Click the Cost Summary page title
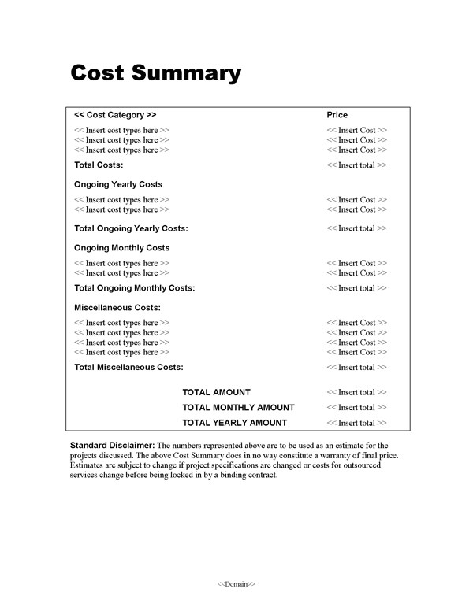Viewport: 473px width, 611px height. [155, 73]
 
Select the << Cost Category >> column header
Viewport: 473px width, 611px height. [115, 115]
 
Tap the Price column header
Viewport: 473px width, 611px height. [337, 115]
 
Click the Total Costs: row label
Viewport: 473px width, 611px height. [99, 165]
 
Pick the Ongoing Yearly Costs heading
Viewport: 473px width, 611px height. [118, 184]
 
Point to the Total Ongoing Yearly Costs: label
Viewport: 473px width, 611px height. [131, 228]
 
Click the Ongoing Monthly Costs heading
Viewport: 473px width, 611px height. [121, 248]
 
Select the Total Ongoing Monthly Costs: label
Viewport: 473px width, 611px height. [134, 288]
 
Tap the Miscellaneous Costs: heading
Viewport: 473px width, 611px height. [117, 307]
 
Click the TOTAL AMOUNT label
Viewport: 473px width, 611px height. [216, 392]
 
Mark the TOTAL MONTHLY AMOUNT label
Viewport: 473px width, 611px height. [238, 408]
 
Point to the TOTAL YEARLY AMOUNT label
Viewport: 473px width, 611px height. [234, 424]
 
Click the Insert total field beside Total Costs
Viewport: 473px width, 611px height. [356, 165]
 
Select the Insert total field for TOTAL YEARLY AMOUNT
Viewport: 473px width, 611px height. [356, 424]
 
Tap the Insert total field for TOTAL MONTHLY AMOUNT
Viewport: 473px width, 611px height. [356, 408]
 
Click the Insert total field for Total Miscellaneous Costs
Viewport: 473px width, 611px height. [356, 367]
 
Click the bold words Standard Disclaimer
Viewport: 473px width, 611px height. [111, 446]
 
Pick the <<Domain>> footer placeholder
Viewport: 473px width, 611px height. [236, 584]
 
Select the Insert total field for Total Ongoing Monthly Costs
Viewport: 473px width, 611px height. [356, 288]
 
